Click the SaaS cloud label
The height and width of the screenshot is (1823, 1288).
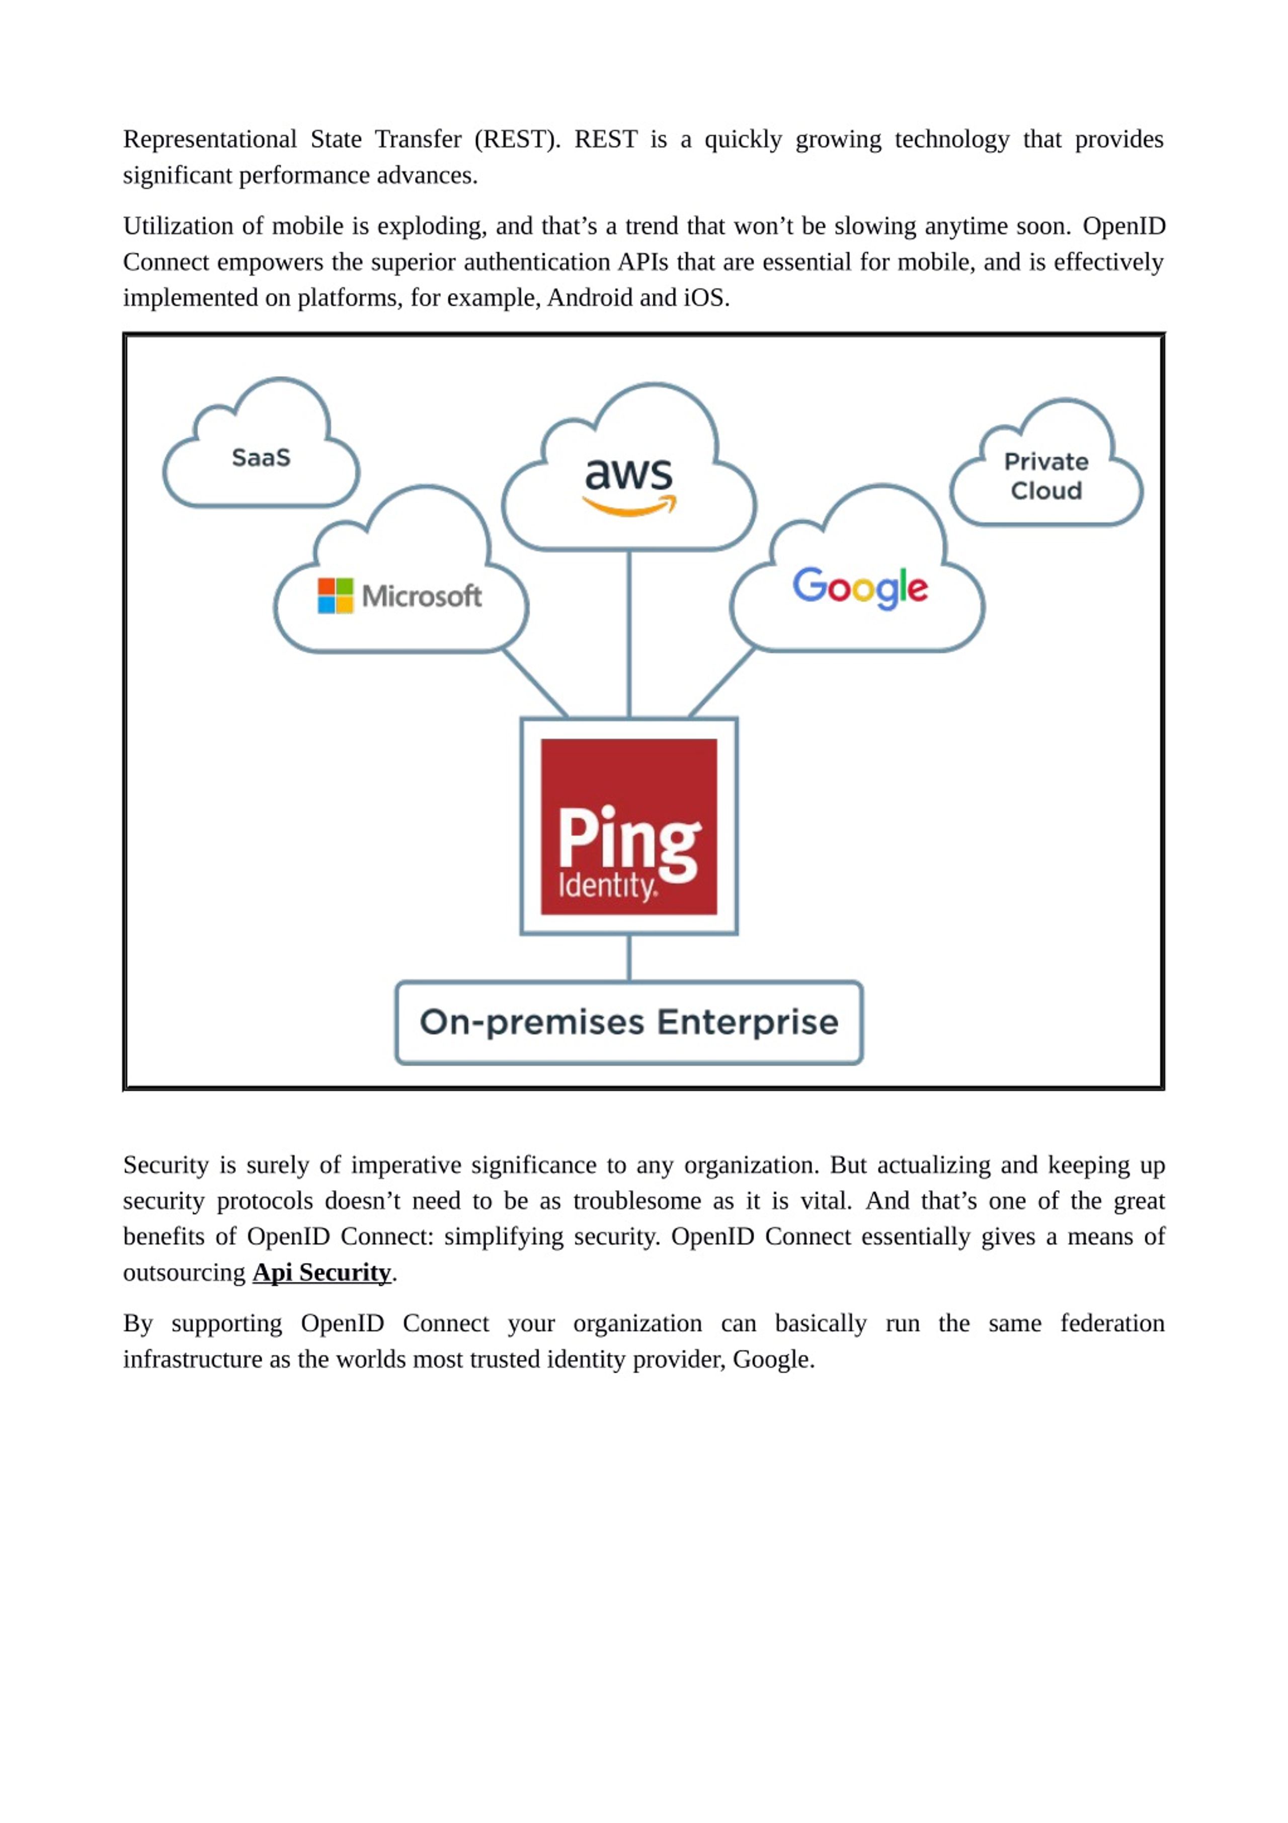pos(261,457)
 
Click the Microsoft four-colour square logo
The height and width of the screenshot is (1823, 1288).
pos(335,595)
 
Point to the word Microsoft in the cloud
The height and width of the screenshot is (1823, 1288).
pos(422,595)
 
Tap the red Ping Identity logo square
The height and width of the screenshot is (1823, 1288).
pos(629,827)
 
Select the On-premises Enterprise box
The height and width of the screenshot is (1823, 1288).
pos(629,1022)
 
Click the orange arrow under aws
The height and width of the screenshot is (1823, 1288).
pos(629,506)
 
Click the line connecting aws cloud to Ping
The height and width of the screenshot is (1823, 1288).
pos(629,633)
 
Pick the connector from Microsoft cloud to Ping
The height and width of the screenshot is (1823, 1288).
pos(534,683)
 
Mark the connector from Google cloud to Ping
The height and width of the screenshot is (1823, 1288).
pos(722,683)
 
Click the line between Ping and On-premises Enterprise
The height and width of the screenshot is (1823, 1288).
pos(629,958)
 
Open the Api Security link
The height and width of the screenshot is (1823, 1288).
pos(321,1273)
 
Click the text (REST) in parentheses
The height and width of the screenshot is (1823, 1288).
pos(517,140)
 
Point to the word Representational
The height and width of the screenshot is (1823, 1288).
pos(210,140)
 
